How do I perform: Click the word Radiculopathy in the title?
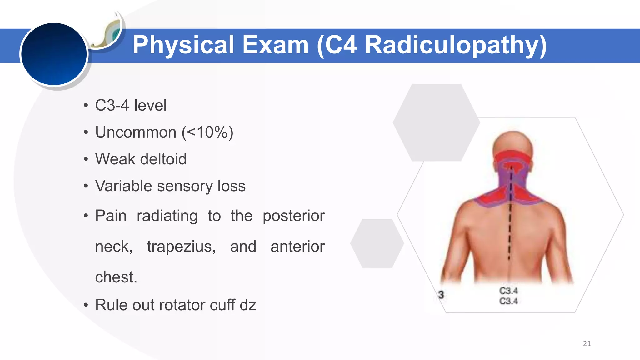[456, 45]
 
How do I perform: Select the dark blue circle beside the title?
[54, 54]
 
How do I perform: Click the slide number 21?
[587, 343]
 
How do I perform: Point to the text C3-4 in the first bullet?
[112, 105]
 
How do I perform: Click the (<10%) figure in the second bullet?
[207, 132]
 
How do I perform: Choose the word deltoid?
[163, 159]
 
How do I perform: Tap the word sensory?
[185, 186]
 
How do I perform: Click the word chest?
[116, 277]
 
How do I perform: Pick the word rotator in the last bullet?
[184, 305]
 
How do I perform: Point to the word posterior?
[293, 216]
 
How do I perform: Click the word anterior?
[297, 247]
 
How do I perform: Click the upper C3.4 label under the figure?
[508, 291]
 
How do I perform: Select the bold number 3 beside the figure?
[441, 295]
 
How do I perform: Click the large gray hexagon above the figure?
[436, 122]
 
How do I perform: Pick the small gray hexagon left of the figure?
[377, 243]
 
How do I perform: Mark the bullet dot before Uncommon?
[86, 132]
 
